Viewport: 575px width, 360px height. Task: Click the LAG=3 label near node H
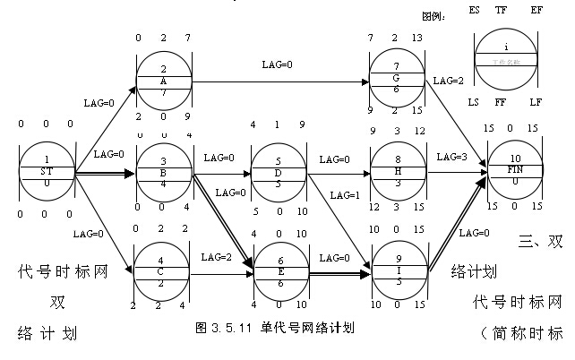[453, 157]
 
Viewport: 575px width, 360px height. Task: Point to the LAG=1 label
[345, 194]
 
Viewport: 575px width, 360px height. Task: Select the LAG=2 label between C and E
[217, 257]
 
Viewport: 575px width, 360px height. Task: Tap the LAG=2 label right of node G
[449, 80]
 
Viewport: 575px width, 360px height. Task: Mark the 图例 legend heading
[433, 15]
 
